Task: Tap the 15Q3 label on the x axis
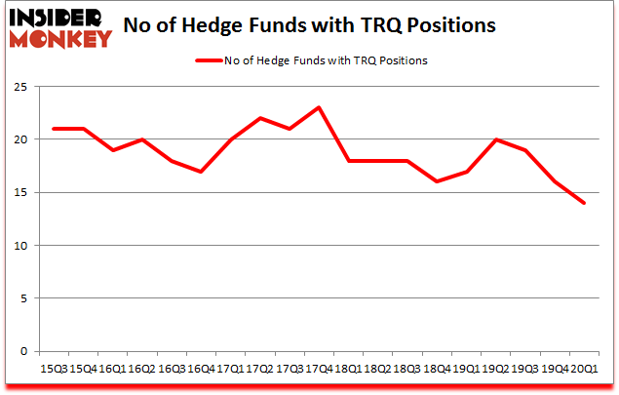click(54, 370)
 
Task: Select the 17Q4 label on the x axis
click(318, 370)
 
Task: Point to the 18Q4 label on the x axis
click(436, 370)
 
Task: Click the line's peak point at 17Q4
click(319, 107)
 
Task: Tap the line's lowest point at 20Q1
click(584, 203)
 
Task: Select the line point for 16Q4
click(201, 172)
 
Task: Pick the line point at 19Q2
click(495, 139)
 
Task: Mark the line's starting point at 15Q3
click(54, 129)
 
